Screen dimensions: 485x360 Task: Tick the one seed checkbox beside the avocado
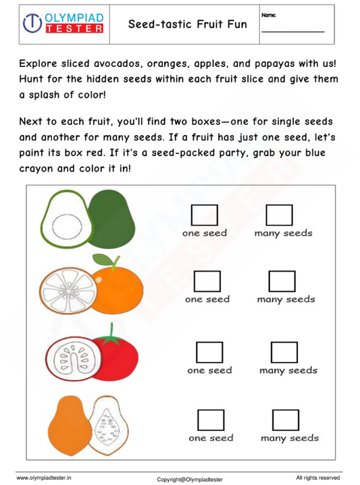pos(205,215)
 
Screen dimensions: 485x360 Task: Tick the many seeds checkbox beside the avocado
pos(279,215)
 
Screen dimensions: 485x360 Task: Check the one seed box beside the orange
pos(207,282)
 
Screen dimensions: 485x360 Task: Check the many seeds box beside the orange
pos(282,282)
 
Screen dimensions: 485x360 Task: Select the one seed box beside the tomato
pos(209,353)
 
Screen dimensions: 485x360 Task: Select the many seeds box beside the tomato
pos(284,353)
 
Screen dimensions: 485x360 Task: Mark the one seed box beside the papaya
pos(211,419)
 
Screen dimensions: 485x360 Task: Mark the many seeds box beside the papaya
pos(285,419)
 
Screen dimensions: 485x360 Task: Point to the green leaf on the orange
pos(102,258)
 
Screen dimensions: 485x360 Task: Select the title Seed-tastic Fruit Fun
pos(187,24)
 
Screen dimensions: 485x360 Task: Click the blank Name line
pos(292,30)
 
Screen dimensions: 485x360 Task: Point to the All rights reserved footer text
pos(317,478)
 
